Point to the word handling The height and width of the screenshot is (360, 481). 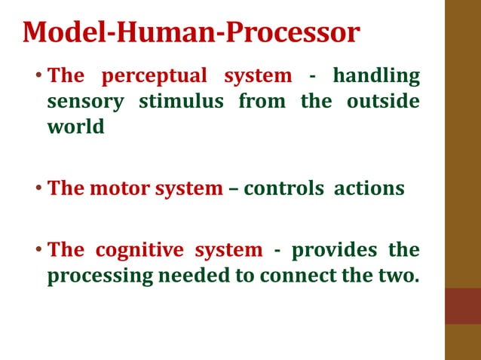tap(375, 76)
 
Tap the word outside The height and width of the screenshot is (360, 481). tap(382, 101)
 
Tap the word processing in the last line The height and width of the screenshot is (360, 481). tap(100, 276)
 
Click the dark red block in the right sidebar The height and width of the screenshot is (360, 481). tap(462, 306)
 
